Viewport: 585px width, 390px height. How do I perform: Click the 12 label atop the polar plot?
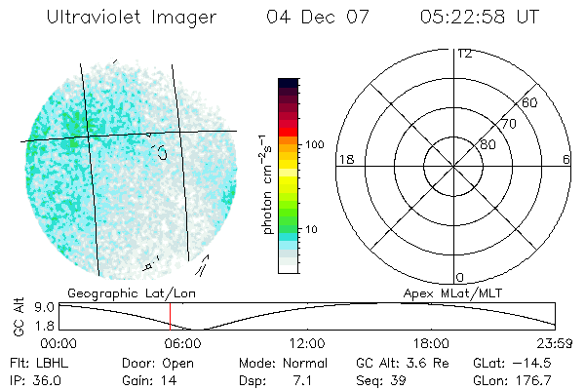click(x=464, y=54)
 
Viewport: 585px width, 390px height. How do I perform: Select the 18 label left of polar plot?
click(x=344, y=160)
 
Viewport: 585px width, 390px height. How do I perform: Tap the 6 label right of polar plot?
click(x=566, y=160)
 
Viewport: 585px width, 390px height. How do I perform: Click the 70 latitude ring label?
click(x=508, y=125)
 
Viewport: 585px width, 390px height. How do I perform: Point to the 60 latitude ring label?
click(x=529, y=103)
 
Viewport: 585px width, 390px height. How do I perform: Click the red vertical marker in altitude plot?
click(x=170, y=316)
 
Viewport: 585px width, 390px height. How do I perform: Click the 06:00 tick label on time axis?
click(x=183, y=344)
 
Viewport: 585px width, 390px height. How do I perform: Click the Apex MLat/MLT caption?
click(x=466, y=292)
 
